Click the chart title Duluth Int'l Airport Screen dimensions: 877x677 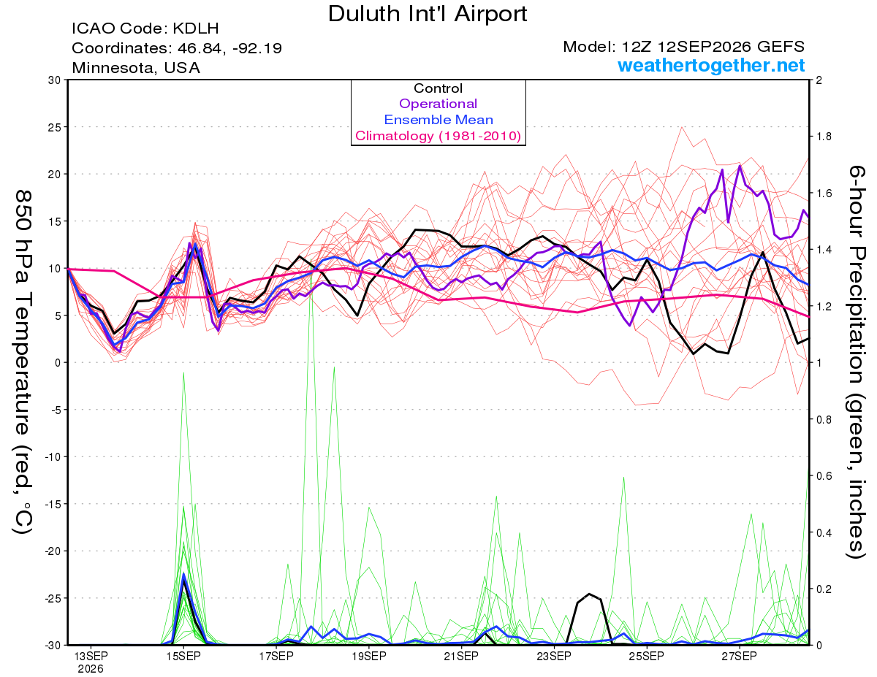tap(428, 14)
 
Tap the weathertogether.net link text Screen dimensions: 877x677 tap(711, 65)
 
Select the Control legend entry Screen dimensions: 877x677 tap(438, 88)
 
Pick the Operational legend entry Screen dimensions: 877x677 tap(438, 104)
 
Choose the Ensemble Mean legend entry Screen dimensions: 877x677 tap(438, 120)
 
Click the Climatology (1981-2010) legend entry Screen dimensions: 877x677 tap(438, 136)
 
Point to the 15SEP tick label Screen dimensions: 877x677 tap(183, 656)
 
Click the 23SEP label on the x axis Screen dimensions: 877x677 tap(554, 656)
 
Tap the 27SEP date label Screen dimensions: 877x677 tap(739, 656)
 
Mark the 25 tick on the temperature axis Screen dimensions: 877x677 tap(54, 127)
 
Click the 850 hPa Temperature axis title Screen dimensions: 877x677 tap(23, 362)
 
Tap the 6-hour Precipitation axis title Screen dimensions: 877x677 tap(856, 362)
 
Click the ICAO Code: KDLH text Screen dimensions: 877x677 tap(145, 28)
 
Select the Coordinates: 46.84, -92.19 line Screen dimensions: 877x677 tap(177, 48)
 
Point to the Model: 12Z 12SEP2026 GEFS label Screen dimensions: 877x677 tap(683, 47)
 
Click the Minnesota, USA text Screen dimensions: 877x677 tap(136, 68)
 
